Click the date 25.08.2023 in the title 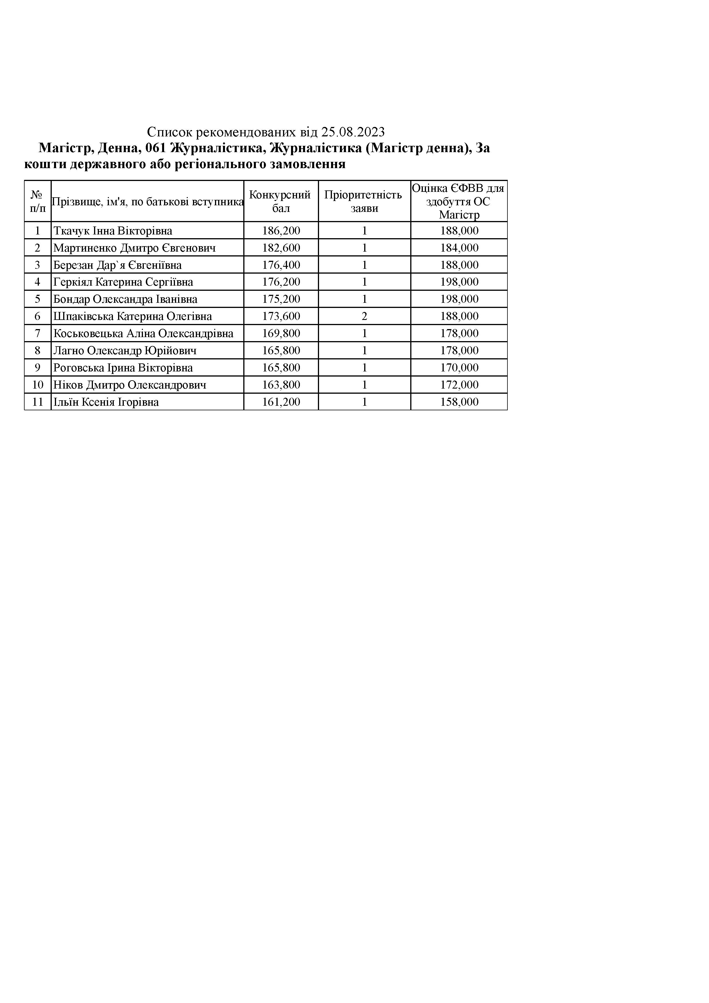(x=353, y=132)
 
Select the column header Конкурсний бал (x=280, y=201)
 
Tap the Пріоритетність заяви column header (x=364, y=201)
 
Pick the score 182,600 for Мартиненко (x=281, y=248)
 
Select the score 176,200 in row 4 (x=281, y=282)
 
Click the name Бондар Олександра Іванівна (x=126, y=299)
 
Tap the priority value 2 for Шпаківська (x=364, y=316)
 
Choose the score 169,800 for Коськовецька (x=281, y=333)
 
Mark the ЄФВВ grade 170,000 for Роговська (x=459, y=367)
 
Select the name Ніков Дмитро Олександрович (x=130, y=385)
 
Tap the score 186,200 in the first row (x=281, y=231)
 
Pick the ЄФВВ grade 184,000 (x=459, y=248)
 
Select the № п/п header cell (x=37, y=201)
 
